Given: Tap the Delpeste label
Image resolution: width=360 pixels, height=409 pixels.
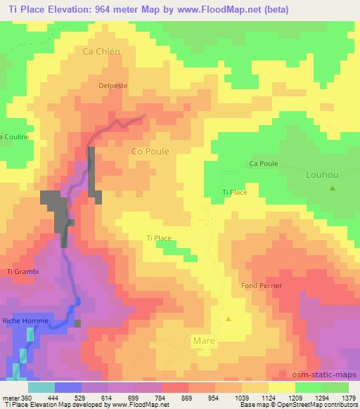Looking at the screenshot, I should point(112,86).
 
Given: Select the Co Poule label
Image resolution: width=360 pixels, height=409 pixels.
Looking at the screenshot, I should point(150,150).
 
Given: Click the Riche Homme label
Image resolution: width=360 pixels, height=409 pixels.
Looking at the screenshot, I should point(25,321).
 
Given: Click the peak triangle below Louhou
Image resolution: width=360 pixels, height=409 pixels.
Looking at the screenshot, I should point(332,188).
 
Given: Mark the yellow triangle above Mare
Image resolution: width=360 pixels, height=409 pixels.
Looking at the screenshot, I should point(229,319).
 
